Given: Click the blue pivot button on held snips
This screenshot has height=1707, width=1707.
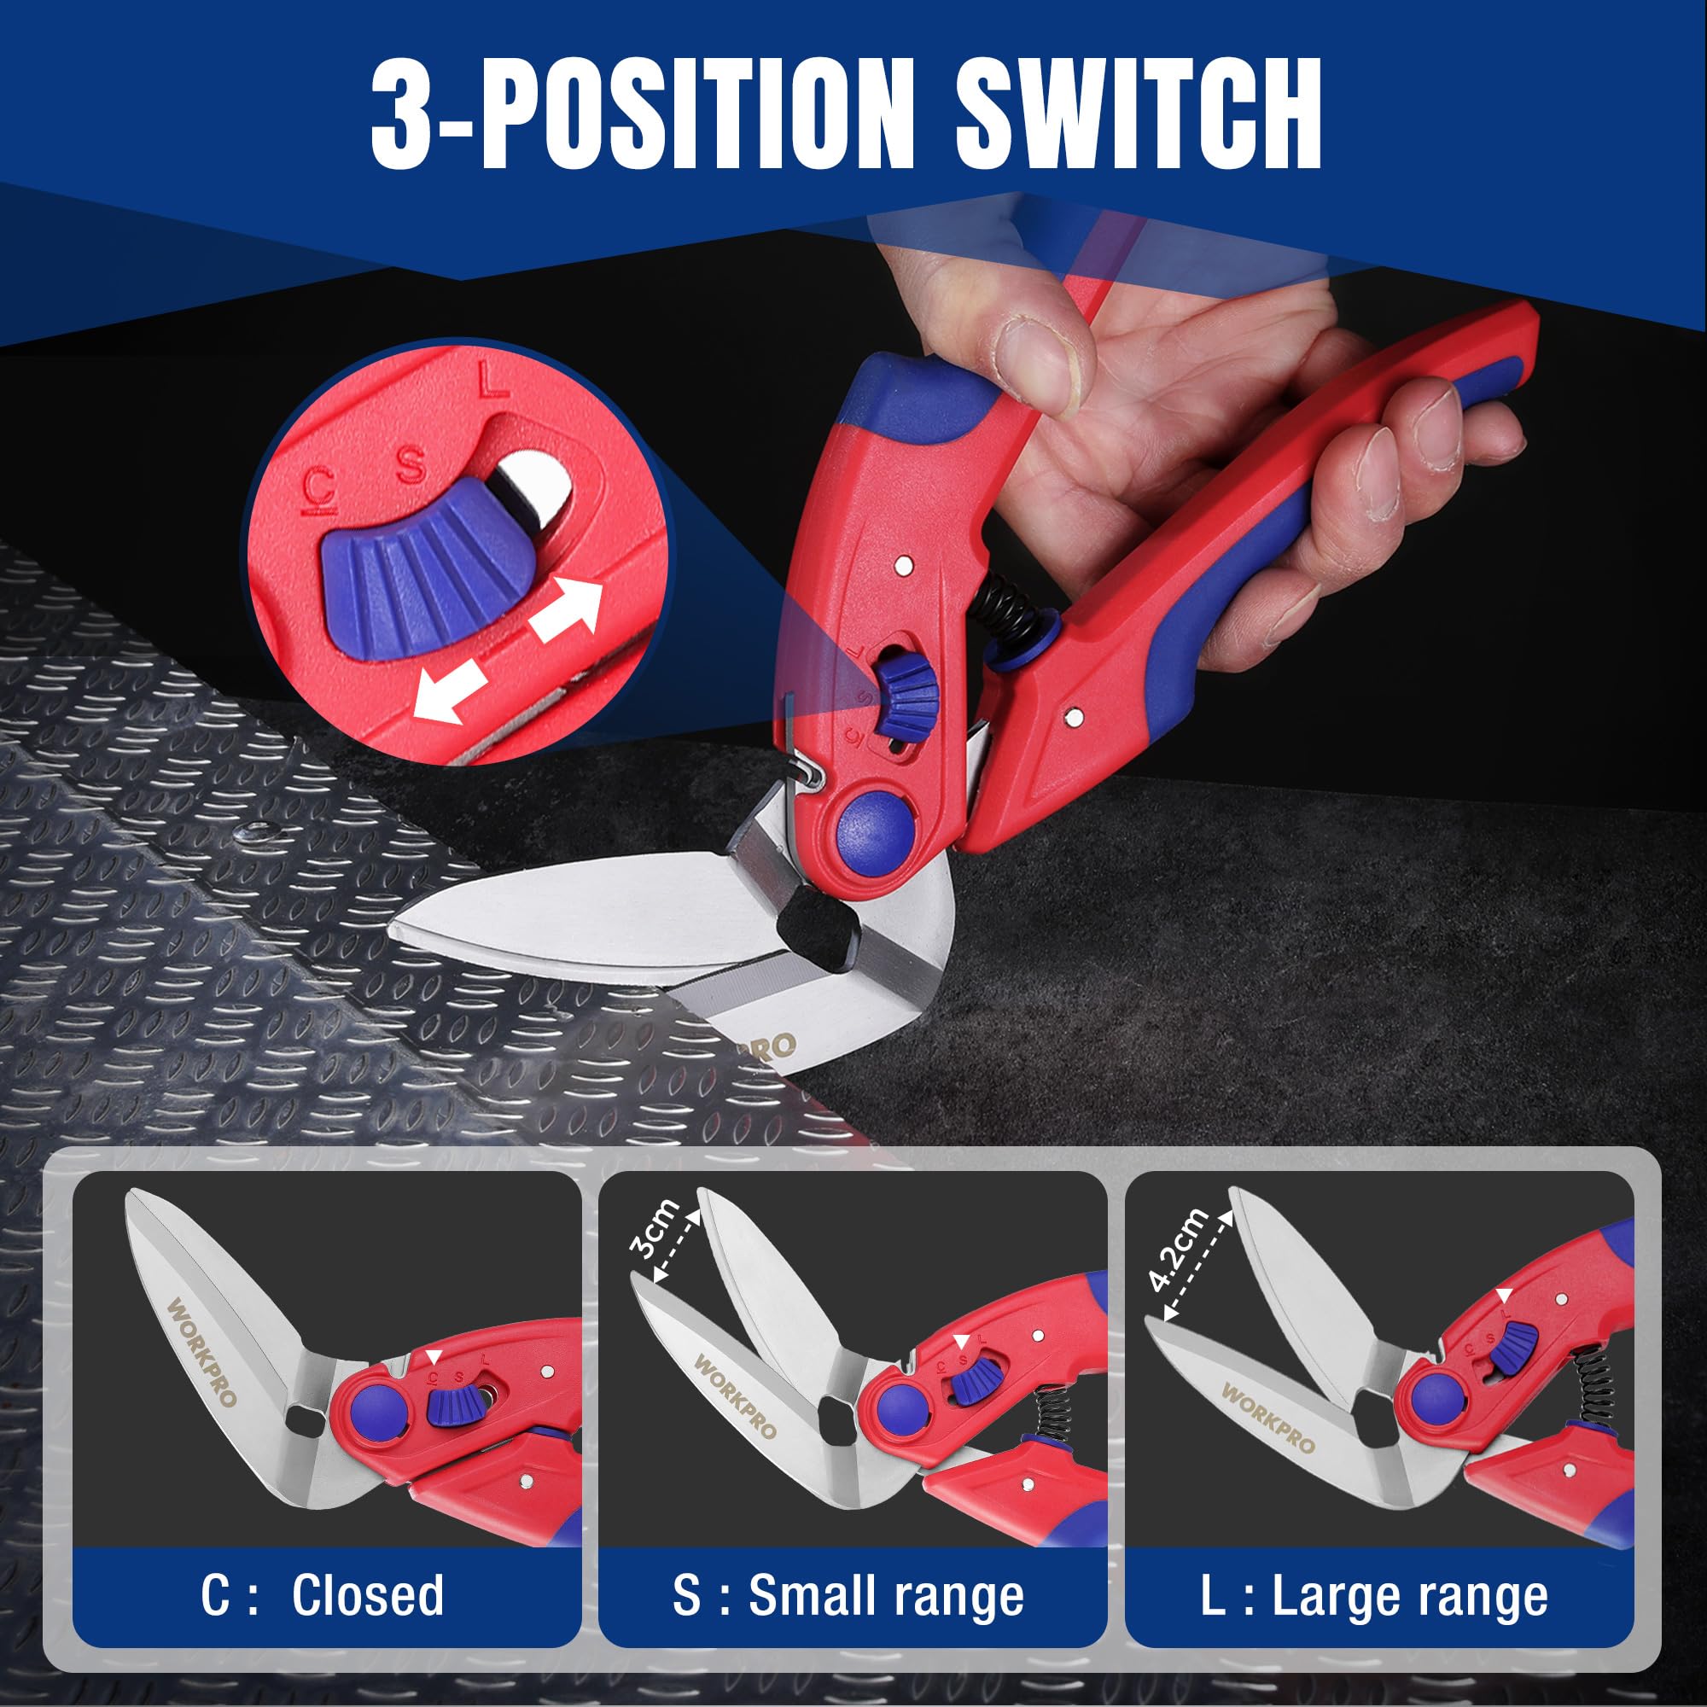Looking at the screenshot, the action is coord(873,825).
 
